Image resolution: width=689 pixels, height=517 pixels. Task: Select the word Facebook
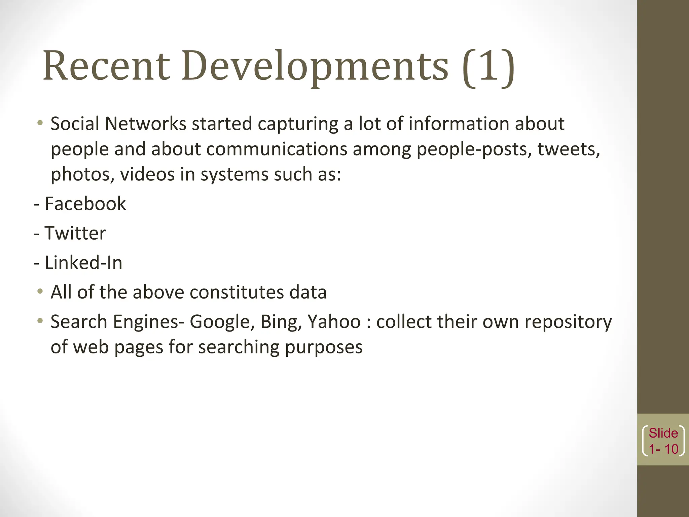(85, 204)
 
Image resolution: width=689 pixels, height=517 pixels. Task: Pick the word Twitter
(75, 233)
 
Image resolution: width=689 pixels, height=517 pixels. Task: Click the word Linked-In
(83, 263)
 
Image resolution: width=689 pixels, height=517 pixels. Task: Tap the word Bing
(281, 322)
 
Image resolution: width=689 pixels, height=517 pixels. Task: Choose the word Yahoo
(334, 322)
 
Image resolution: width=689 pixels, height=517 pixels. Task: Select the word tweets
(569, 149)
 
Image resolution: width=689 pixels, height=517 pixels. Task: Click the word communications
(277, 149)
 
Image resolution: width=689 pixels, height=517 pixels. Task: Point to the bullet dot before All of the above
(40, 291)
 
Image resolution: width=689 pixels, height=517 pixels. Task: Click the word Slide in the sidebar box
(663, 433)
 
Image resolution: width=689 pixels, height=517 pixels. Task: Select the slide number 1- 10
(663, 449)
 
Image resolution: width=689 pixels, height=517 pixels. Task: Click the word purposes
(324, 347)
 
